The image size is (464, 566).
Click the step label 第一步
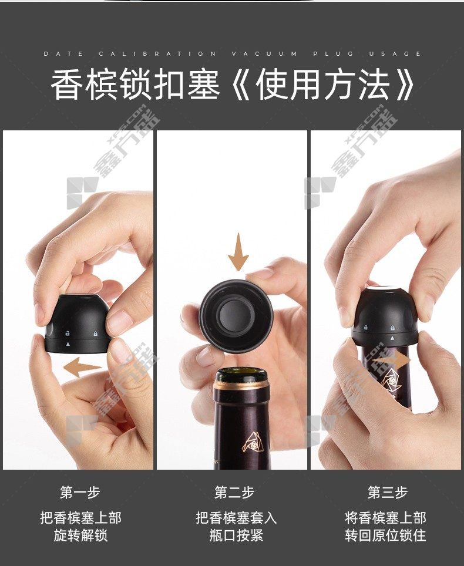pyautogui.click(x=80, y=493)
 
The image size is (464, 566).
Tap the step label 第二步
pyautogui.click(x=234, y=493)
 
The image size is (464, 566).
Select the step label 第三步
pyautogui.click(x=388, y=493)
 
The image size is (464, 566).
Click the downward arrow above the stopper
pyautogui.click(x=238, y=252)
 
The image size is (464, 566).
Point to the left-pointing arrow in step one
pyautogui.click(x=82, y=367)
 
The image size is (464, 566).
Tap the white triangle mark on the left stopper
pyautogui.click(x=68, y=345)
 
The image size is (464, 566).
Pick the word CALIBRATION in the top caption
pyautogui.click(x=158, y=54)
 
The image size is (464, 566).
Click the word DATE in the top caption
pyautogui.click(x=63, y=54)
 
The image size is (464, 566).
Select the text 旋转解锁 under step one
pyautogui.click(x=80, y=535)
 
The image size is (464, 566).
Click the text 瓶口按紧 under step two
pyautogui.click(x=236, y=535)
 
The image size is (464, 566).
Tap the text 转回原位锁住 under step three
pyautogui.click(x=386, y=535)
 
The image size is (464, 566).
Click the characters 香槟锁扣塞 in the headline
pyautogui.click(x=136, y=85)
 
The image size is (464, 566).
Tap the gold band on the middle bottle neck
pyautogui.click(x=241, y=386)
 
